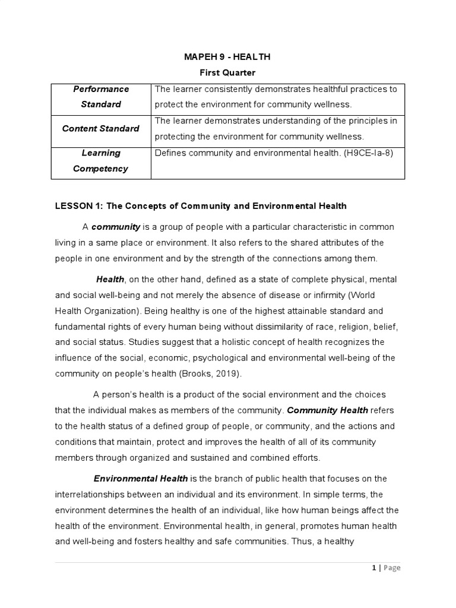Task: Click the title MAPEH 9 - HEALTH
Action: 227,57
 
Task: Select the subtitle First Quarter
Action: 227,72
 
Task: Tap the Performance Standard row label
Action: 101,97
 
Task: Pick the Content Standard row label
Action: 101,128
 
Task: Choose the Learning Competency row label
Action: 101,160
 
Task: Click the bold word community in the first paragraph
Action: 116,227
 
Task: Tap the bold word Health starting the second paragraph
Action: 110,280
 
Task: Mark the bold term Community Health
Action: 328,410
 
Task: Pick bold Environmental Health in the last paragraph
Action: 141,479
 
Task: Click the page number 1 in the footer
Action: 373,568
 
